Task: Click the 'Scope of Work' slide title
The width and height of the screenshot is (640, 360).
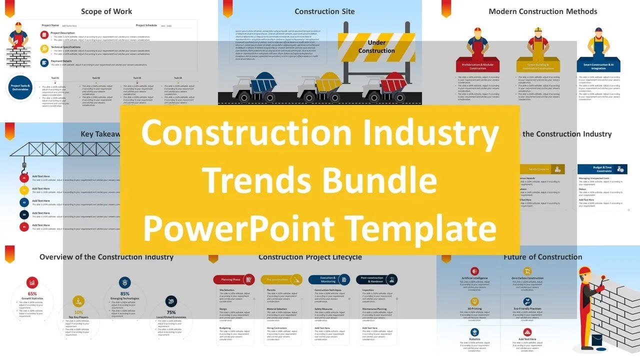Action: tap(106, 11)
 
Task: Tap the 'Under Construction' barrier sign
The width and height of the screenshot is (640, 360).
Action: tap(376, 47)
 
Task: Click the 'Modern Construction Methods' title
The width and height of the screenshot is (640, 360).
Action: tap(542, 11)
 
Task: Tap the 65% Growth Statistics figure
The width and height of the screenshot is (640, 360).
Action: tap(32, 294)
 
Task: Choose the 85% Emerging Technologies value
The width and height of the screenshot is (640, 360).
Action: tap(125, 294)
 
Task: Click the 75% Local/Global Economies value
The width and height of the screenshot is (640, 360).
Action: tap(171, 312)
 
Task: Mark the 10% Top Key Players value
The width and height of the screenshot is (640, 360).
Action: tap(78, 312)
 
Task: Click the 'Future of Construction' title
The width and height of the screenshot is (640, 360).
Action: tap(542, 257)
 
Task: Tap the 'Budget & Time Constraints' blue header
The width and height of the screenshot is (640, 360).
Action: tap(602, 169)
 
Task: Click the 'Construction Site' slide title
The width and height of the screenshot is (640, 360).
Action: tap(324, 11)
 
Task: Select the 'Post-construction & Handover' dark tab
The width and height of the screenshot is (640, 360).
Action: tap(376, 280)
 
